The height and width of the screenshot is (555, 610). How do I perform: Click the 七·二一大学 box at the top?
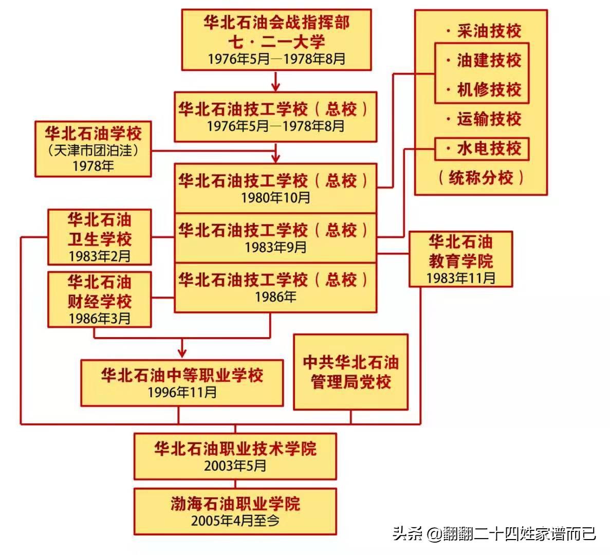[276, 40]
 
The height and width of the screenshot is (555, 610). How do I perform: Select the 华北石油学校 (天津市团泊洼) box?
[93, 149]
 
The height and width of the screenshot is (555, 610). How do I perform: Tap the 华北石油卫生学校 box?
[100, 237]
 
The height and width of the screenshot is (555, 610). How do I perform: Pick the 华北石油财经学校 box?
[100, 300]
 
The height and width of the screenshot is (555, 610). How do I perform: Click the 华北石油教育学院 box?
[460, 259]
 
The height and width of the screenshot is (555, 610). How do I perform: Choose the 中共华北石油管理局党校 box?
[350, 372]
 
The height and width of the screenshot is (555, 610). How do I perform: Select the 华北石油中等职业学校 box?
[182, 383]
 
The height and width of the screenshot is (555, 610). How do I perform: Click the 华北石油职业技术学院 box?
[235, 456]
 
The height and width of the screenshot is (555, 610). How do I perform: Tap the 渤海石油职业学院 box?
[235, 511]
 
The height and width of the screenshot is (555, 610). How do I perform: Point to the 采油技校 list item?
[484, 31]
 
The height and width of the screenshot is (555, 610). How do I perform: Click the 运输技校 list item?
[484, 119]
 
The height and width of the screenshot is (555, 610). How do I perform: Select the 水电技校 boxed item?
[482, 149]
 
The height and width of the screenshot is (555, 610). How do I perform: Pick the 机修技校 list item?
[484, 89]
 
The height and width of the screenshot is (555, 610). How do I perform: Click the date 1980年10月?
[275, 198]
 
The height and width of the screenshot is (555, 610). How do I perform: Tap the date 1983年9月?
[275, 247]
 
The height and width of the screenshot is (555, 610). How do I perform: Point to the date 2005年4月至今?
[235, 521]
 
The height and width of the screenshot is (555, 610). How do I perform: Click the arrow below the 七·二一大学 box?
[276, 81]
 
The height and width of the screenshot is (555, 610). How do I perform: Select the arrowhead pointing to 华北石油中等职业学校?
[182, 353]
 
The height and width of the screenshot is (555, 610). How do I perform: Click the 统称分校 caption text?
[481, 178]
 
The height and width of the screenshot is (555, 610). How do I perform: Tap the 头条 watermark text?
[406, 533]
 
